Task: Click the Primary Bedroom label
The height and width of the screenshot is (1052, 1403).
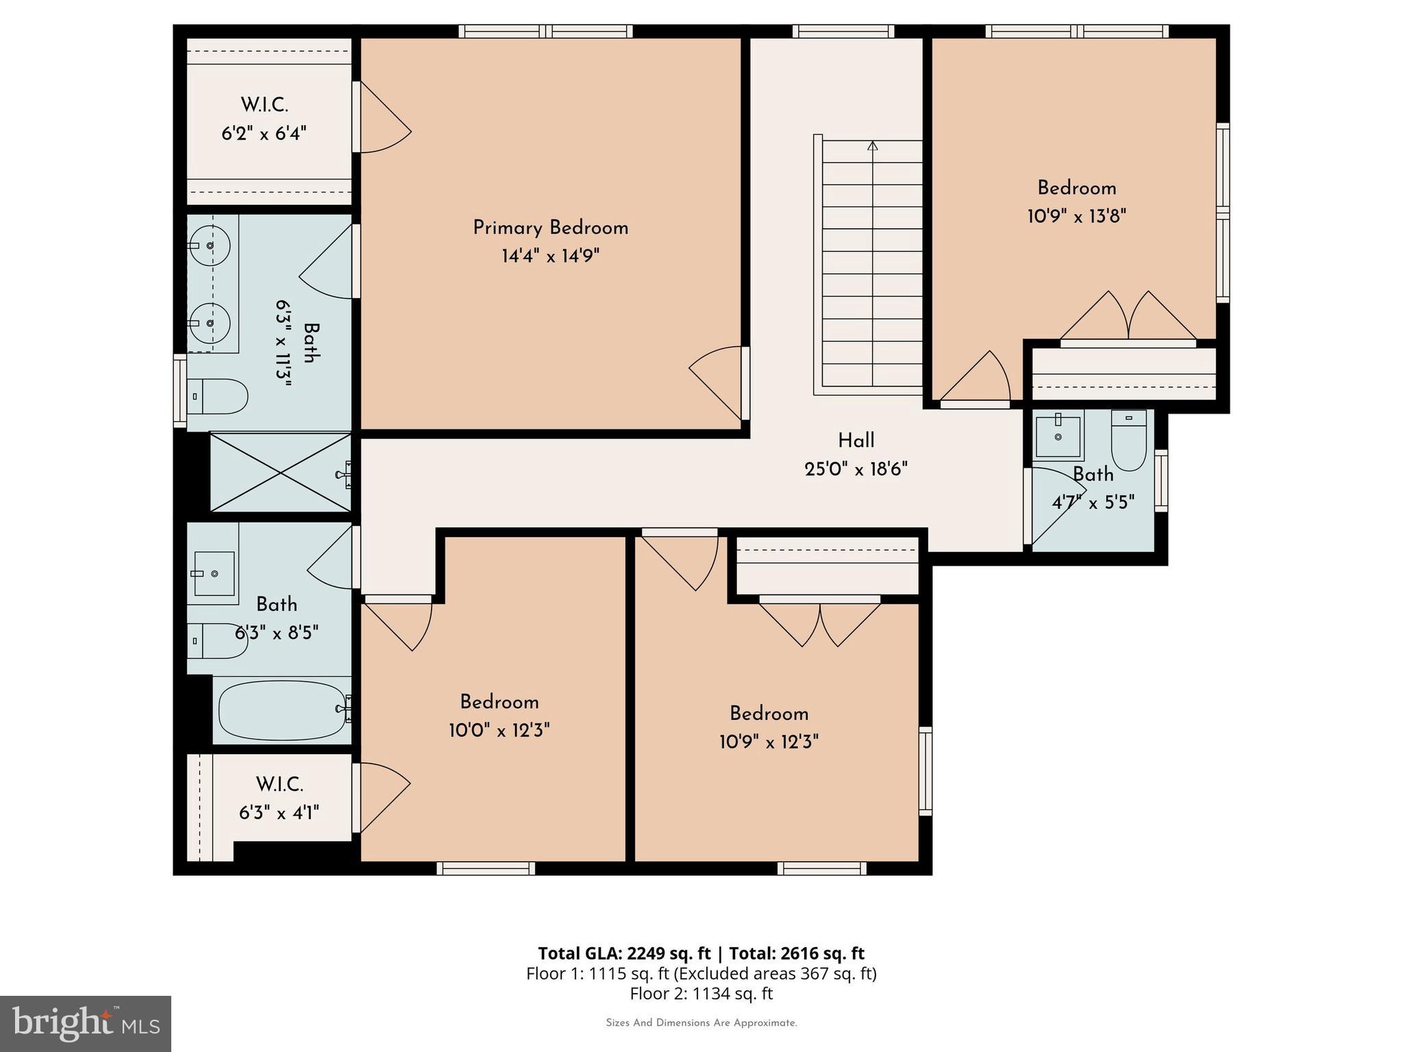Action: coord(550,228)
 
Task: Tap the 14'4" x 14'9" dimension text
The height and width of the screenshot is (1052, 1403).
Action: coord(550,256)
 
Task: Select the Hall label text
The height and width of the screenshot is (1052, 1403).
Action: coord(856,440)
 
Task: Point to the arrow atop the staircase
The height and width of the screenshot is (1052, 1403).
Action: coord(872,146)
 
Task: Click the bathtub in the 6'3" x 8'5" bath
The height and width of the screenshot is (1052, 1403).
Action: coord(282,710)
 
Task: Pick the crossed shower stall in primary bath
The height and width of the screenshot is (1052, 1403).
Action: coord(280,472)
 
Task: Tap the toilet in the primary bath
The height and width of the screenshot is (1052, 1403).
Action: coord(218,397)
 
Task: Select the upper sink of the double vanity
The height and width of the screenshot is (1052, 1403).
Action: coord(210,245)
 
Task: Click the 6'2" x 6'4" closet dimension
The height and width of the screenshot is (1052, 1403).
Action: coord(264,133)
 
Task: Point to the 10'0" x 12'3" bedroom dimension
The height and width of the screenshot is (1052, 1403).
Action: coord(499,731)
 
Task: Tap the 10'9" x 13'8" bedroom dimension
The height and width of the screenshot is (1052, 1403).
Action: coord(1076,216)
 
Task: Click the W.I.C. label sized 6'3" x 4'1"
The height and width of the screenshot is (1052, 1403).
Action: coord(280,784)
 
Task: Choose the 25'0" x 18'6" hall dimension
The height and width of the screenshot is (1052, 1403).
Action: coord(856,469)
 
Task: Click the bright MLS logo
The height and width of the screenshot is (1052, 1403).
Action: coord(86,1023)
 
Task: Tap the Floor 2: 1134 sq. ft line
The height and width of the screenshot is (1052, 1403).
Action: coord(701,993)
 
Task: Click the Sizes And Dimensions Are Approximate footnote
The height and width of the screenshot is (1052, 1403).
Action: coord(701,1023)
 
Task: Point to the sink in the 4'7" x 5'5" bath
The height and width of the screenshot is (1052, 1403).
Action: coord(1058,436)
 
